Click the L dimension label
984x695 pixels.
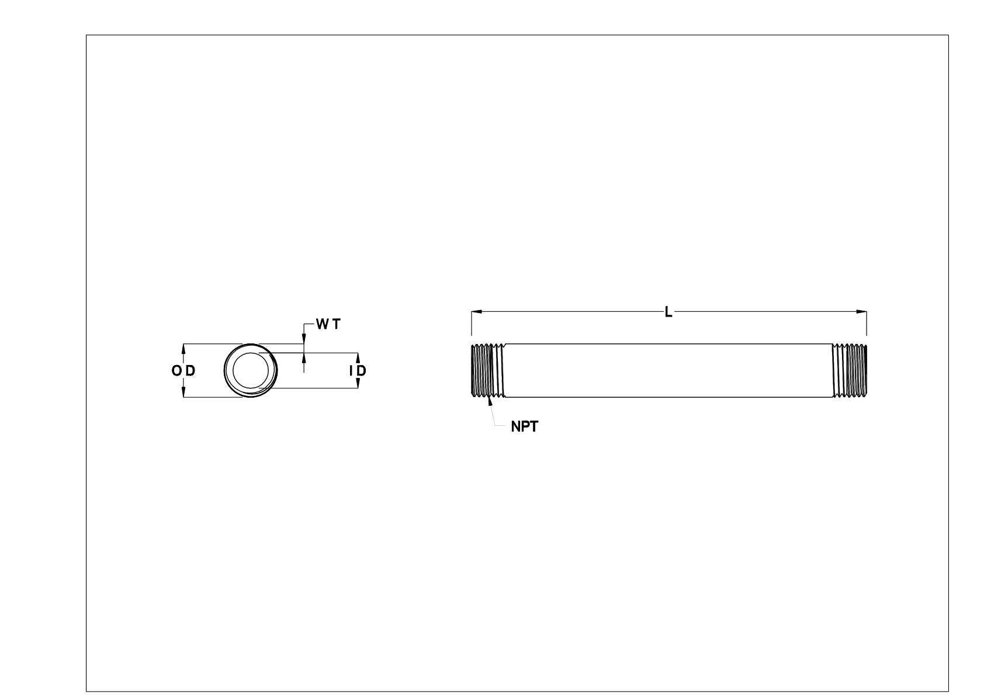click(668, 312)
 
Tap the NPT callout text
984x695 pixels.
click(524, 427)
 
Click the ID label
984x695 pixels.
click(358, 371)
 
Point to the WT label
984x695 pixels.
click(328, 325)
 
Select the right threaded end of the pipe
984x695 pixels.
click(850, 371)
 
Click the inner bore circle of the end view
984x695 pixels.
click(252, 370)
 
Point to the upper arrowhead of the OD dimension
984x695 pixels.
click(184, 348)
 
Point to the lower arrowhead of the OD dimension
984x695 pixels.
click(184, 393)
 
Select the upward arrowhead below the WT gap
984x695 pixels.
click(303, 357)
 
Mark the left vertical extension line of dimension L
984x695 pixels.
click(471, 324)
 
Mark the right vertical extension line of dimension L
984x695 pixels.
click(867, 324)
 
